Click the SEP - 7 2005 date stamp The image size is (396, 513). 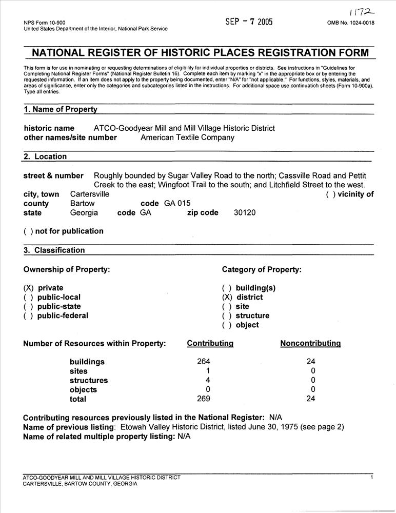249,22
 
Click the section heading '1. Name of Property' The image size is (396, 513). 61,109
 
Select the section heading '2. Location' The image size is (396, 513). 45,156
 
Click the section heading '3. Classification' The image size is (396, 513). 54,250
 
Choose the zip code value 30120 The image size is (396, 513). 245,213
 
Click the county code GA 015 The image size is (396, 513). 177,203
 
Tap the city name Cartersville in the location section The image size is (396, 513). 90,194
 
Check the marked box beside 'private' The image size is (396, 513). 28,288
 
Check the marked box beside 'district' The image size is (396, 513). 227,297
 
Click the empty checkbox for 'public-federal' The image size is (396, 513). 28,315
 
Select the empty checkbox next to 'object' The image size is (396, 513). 227,325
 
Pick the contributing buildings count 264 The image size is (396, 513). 204,362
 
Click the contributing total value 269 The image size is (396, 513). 204,399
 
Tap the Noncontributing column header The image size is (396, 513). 310,343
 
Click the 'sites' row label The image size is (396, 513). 78,371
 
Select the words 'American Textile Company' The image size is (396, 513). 187,137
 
